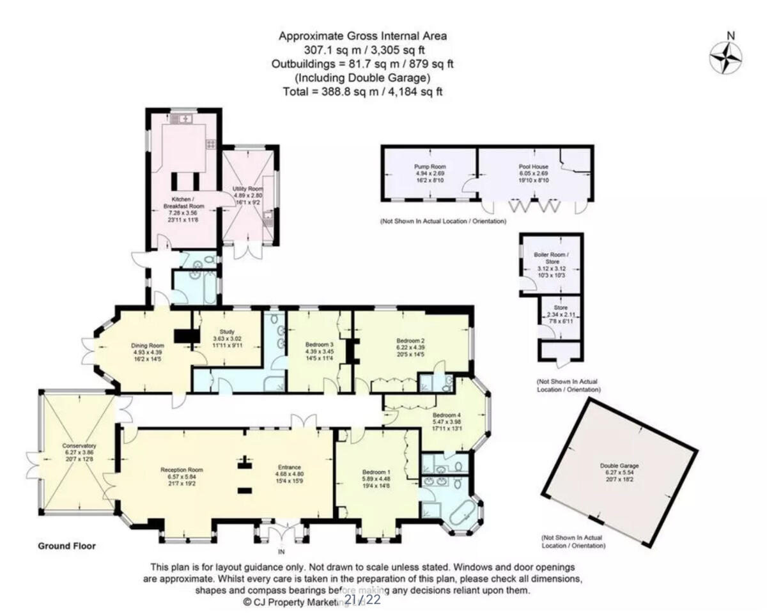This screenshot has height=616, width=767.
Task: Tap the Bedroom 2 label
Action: pos(411,342)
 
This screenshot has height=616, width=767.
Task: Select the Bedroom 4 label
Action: pos(445,414)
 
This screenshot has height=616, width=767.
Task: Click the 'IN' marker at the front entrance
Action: pos(281,550)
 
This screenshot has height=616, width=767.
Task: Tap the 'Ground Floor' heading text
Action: pos(66,546)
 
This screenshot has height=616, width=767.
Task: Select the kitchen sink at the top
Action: pos(185,118)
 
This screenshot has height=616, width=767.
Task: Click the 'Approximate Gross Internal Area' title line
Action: pos(362,36)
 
